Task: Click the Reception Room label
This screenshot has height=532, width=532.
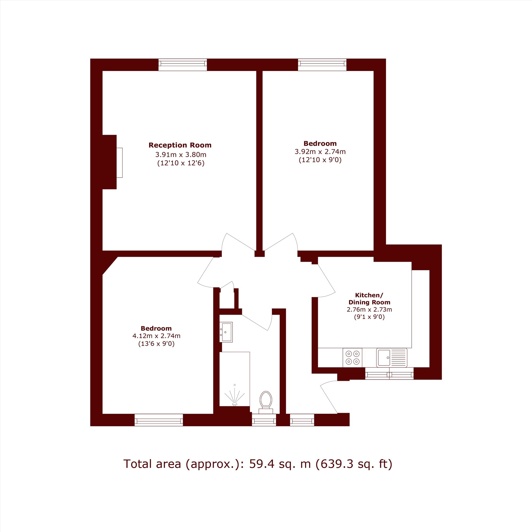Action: tap(180, 145)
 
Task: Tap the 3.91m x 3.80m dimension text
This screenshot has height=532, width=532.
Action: tap(181, 155)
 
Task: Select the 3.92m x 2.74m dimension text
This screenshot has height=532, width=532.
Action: tap(320, 151)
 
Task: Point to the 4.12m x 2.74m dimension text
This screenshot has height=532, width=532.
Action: tap(156, 336)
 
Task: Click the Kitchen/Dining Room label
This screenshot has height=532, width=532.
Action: tap(369, 298)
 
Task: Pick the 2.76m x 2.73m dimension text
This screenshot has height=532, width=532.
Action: tap(369, 309)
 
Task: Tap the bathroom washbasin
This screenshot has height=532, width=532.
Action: tap(226, 332)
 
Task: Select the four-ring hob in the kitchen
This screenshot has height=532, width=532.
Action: tap(352, 358)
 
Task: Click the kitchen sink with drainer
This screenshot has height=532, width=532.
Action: tap(392, 358)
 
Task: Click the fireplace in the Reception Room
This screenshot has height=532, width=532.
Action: tap(119, 163)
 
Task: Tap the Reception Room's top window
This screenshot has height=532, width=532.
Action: tap(182, 65)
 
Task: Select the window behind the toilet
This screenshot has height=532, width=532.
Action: tap(264, 420)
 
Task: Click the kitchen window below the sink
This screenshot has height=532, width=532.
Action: tap(389, 373)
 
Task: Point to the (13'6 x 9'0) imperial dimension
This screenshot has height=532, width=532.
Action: tap(156, 344)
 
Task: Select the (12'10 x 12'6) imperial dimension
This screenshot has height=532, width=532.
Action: tap(181, 163)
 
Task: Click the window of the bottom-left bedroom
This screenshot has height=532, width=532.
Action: tap(159, 420)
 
